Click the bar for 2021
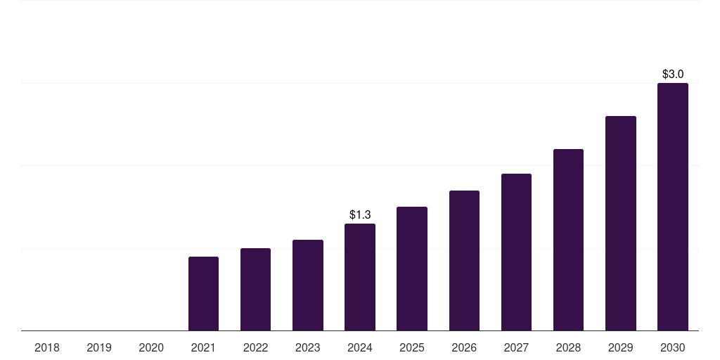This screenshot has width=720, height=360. tap(203, 294)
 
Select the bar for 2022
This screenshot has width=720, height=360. tap(255, 290)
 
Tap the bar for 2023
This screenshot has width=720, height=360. tap(308, 285)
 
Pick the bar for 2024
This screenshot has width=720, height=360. tap(360, 277)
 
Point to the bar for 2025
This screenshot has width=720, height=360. tap(412, 269)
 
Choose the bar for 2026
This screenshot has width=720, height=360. tap(464, 261)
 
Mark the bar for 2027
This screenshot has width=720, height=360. tap(516, 252)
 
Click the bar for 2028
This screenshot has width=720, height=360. tap(568, 240)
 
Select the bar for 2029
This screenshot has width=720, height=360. tap(621, 224)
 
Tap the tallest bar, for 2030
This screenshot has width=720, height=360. tap(673, 207)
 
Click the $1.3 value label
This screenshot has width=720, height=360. tap(360, 214)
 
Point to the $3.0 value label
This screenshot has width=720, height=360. tap(673, 74)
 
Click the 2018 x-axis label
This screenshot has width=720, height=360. tap(47, 347)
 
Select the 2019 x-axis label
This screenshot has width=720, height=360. tap(99, 347)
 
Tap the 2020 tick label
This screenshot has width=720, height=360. tap(151, 347)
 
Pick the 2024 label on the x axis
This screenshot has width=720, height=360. tap(360, 347)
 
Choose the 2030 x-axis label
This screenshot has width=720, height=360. tap(673, 347)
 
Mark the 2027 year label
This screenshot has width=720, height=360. tap(516, 347)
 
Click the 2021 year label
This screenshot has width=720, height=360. tap(203, 347)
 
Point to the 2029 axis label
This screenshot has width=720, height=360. tap(621, 347)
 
